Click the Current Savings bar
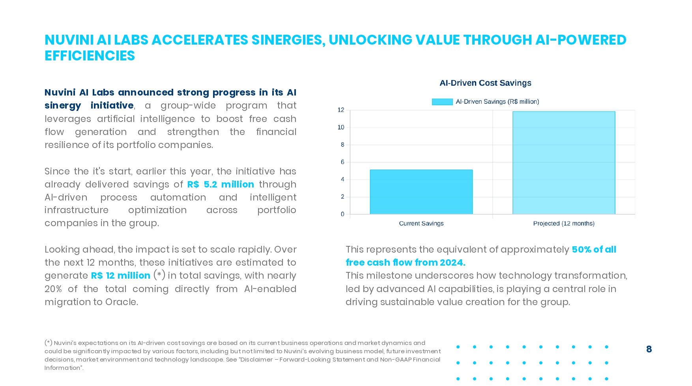coord(421,192)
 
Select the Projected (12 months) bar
coord(563,163)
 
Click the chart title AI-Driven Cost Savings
coord(485,83)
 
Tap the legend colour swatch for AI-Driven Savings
coord(442,102)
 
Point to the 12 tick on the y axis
coord(341,110)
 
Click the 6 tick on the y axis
coord(342,162)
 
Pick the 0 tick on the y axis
coord(342,214)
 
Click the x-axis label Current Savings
coord(421,223)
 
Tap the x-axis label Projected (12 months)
coord(563,223)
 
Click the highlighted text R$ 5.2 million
coord(221,184)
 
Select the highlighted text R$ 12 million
coord(121,275)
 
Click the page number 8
coord(649,349)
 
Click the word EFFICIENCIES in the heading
coord(90,56)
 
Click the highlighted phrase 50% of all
coord(594,249)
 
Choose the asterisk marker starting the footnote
coord(49,343)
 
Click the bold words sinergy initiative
coord(89,105)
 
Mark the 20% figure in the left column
coord(53,289)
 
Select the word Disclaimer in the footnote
coord(257,360)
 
